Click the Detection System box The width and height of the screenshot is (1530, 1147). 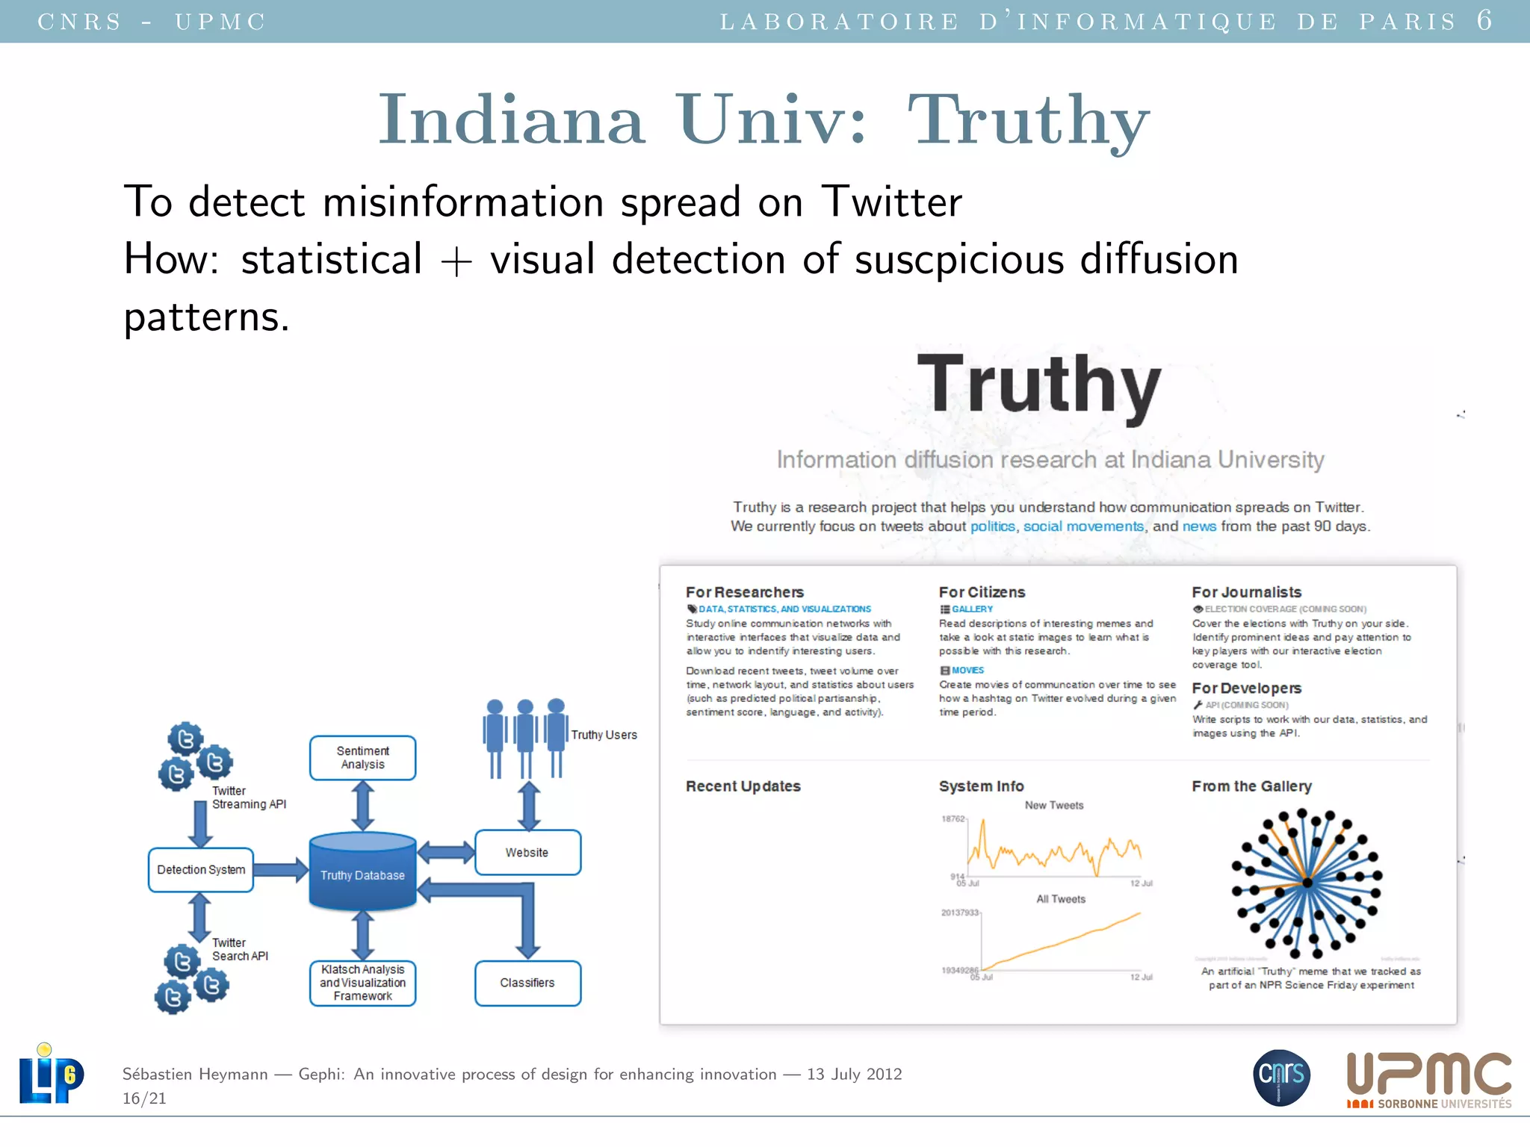coord(201,870)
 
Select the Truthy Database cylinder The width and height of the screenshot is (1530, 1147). coord(362,872)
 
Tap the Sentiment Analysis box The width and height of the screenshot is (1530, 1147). coord(362,758)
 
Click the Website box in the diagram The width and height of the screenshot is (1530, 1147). coord(527,853)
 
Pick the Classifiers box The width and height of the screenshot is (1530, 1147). coord(527,983)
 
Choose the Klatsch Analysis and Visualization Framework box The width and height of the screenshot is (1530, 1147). coord(362,983)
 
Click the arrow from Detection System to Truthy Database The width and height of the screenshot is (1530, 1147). coord(281,870)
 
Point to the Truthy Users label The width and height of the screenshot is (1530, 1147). coord(604,735)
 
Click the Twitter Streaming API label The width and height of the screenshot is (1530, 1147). coord(248,798)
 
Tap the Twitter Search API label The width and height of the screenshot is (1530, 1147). coord(240,949)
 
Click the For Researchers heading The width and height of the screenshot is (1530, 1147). coord(745,592)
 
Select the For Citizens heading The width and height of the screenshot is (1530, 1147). coord(982,592)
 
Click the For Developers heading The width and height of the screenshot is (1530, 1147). coord(1246,688)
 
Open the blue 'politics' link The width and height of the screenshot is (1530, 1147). coord(992,526)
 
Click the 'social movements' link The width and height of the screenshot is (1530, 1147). coord(1083,526)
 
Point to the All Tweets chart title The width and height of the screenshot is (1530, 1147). coord(1060,899)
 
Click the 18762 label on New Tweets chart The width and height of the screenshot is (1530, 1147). coord(953,819)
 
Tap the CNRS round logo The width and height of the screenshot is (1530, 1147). coord(1281,1077)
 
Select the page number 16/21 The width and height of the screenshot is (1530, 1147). coord(144,1098)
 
